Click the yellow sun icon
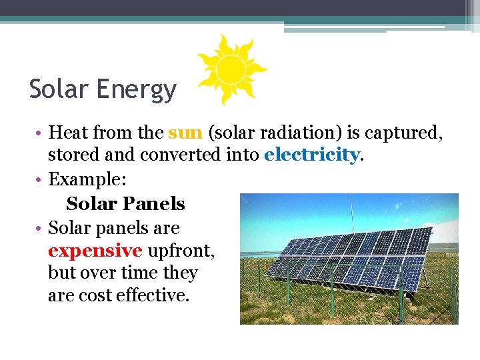point(231,69)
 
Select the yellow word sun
point(185,133)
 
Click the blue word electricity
point(311,155)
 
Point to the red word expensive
point(95,251)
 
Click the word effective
point(153,295)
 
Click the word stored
point(73,155)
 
